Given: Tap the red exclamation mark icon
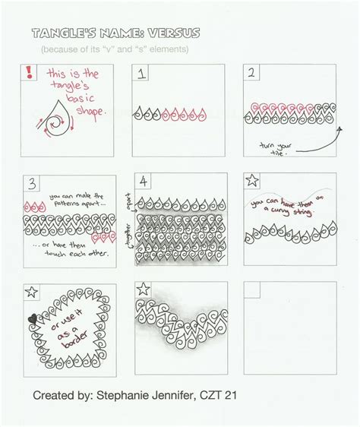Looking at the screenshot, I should point(30,74).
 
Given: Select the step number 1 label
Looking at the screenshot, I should point(141,74).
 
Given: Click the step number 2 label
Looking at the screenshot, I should point(250,74).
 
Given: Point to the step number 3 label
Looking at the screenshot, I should point(30,183).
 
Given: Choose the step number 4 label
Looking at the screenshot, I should point(141,183).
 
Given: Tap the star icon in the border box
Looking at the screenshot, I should point(30,292).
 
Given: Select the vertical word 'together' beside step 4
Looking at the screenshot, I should point(129,242).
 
